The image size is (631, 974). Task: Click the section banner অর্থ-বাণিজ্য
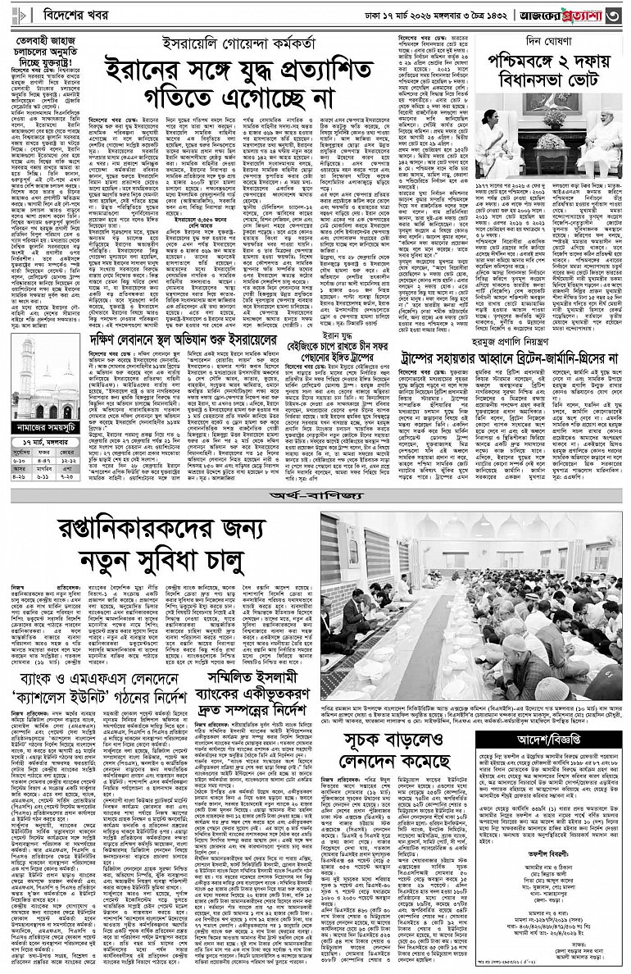315,497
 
